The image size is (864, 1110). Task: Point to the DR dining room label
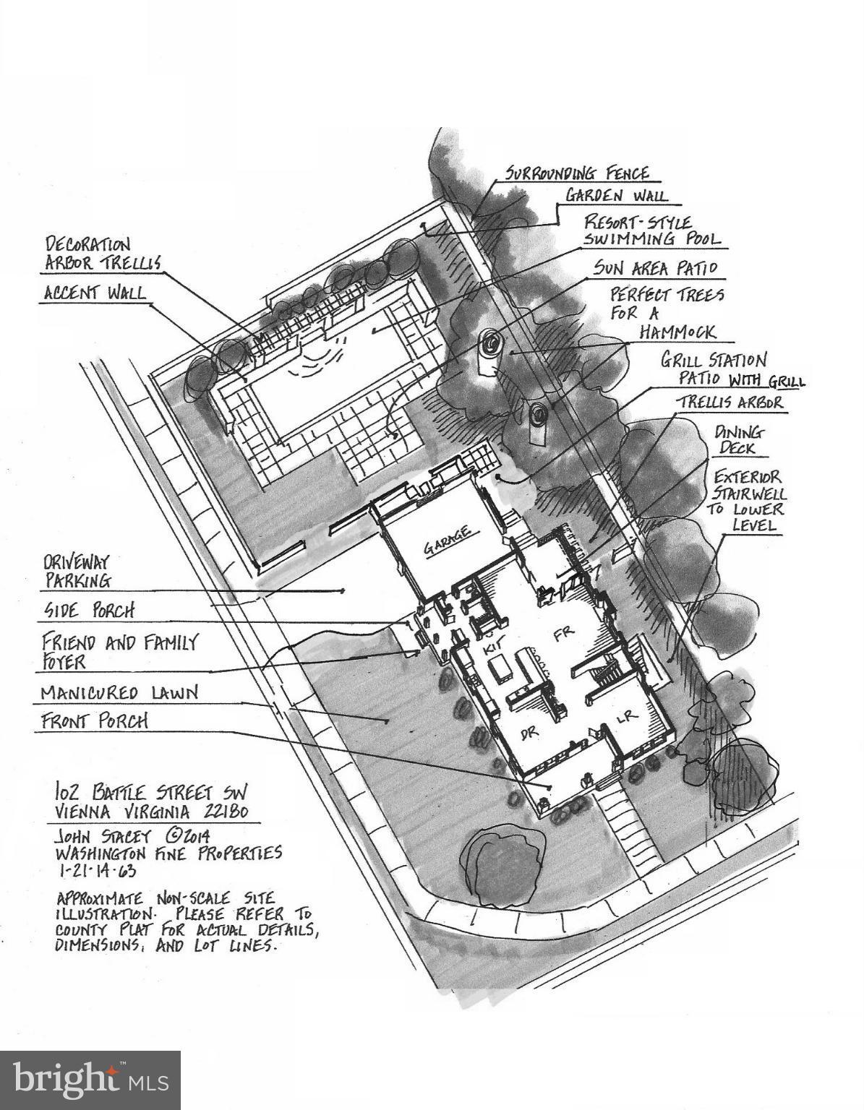[x=531, y=733]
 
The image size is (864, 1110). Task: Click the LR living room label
[x=626, y=715]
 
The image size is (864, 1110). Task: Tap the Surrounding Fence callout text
[x=577, y=173]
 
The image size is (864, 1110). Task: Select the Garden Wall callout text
[x=616, y=195]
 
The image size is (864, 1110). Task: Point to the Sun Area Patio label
[x=655, y=268]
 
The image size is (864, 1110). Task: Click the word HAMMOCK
[x=677, y=332]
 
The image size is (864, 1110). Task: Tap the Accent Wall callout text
[x=94, y=293]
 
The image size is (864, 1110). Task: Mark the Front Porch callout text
[x=94, y=721]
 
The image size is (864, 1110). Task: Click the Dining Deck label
[x=738, y=440]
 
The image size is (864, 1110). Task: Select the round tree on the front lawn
[x=505, y=862]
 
